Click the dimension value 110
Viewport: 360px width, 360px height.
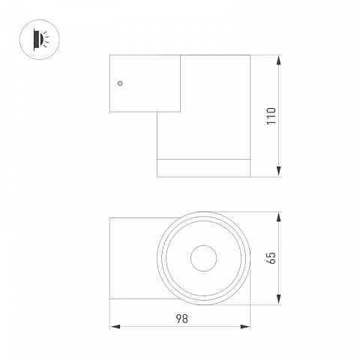pos(271,116)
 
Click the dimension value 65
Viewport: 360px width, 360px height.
pos(271,258)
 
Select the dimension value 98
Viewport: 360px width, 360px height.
pos(181,319)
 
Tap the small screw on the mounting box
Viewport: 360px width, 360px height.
pos(120,83)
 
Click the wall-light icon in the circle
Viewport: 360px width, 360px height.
pos(40,40)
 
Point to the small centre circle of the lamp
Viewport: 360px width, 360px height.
pos(204,258)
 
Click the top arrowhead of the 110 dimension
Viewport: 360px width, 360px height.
pos(279,60)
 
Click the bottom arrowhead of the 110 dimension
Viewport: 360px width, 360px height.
pos(279,172)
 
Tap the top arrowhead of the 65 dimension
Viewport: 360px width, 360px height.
pos(279,217)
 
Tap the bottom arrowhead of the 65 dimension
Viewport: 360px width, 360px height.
pos(279,299)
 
